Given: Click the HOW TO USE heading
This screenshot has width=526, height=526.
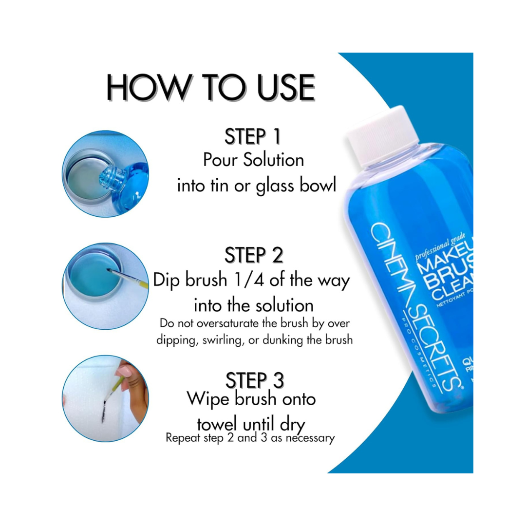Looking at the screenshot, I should pos(210,88).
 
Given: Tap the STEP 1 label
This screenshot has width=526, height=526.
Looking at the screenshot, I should pos(252,137).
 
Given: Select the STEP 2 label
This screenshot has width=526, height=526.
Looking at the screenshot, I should pos(254,255).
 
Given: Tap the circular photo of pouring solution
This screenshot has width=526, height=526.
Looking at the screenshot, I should pos(106,174).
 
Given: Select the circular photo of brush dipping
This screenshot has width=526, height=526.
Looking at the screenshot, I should pos(106,286).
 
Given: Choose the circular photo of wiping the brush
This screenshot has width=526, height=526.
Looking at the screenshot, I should pos(106,398).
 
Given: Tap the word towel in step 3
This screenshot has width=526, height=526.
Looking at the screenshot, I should pos(220,422).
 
